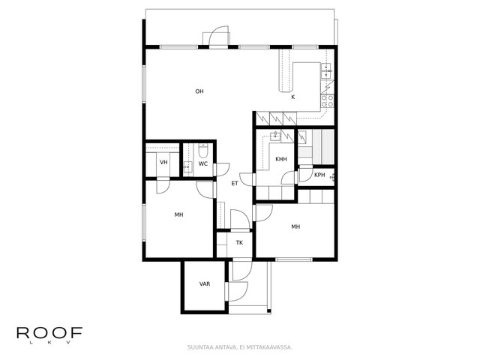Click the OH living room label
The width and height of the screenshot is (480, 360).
tap(199, 91)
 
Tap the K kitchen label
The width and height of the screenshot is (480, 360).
tap(293, 97)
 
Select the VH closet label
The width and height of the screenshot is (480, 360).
tap(163, 162)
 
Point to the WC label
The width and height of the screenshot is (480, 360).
tap(203, 163)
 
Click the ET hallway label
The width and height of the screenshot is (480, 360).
tap(235, 184)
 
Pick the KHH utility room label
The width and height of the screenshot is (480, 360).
tap(281, 159)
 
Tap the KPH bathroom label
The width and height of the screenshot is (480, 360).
tap(319, 175)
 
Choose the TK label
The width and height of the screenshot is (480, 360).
tap(239, 243)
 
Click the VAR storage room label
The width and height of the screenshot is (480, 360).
tap(205, 284)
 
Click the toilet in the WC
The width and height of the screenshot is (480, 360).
tap(203, 150)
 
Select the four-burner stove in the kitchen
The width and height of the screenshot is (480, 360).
tap(327, 101)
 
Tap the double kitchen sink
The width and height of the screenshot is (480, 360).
tap(326, 70)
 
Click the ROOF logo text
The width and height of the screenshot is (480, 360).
tap(49, 333)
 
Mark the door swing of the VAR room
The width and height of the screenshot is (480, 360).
tap(238, 292)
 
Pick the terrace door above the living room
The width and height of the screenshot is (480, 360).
tap(218, 36)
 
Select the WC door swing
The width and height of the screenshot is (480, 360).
tap(223, 169)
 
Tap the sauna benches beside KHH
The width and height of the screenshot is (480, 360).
tap(323, 147)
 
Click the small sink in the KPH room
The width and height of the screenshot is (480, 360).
tap(331, 177)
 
